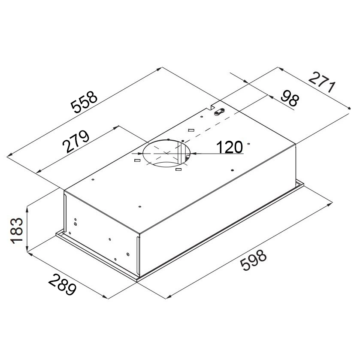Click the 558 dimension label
point(84,102)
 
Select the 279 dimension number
point(76,141)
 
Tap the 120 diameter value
point(230,147)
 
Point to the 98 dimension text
point(290,98)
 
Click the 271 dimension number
point(322,82)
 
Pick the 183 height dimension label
point(17,230)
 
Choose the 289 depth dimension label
point(62,284)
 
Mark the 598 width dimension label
point(253,260)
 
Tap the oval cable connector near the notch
point(219,112)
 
